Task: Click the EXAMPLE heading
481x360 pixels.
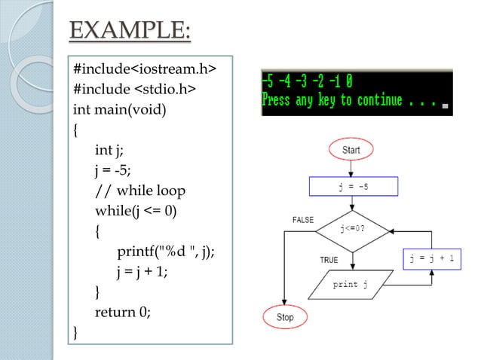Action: [x=130, y=32]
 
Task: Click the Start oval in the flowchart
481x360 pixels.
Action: [x=351, y=151]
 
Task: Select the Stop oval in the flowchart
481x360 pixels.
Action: [x=284, y=317]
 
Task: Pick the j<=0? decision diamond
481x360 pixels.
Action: [x=352, y=228]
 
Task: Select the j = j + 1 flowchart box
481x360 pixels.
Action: [x=432, y=259]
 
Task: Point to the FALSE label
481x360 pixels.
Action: [x=303, y=219]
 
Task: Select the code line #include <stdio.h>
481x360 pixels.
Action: [x=135, y=90]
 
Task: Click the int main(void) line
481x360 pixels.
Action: [x=120, y=110]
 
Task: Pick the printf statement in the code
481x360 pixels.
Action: [x=165, y=252]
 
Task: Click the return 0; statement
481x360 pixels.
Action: [x=122, y=312]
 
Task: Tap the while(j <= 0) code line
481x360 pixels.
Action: [x=136, y=211]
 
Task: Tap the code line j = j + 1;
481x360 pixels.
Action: [x=142, y=271]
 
